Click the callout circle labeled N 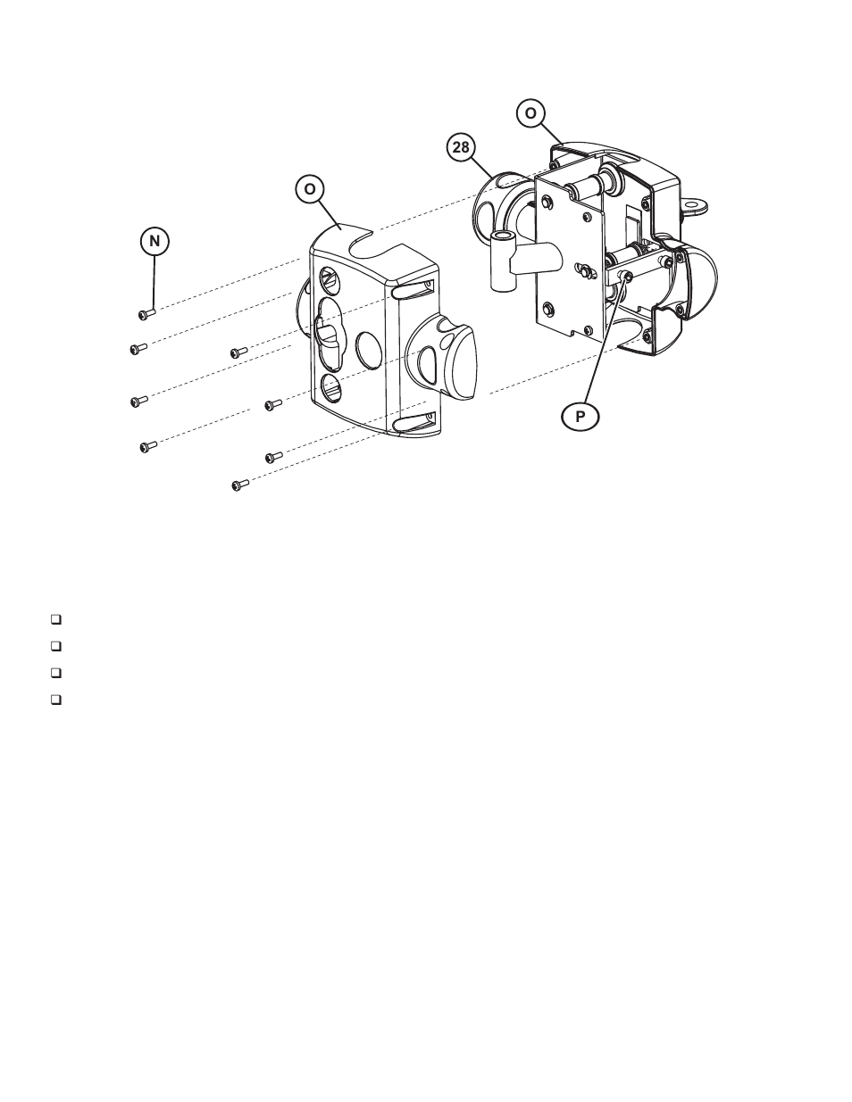pyautogui.click(x=154, y=241)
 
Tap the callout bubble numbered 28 pyautogui.click(x=461, y=148)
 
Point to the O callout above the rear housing pyautogui.click(x=531, y=113)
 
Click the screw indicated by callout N pyautogui.click(x=146, y=313)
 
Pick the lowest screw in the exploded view pyautogui.click(x=239, y=485)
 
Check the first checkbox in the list pyautogui.click(x=55, y=618)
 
